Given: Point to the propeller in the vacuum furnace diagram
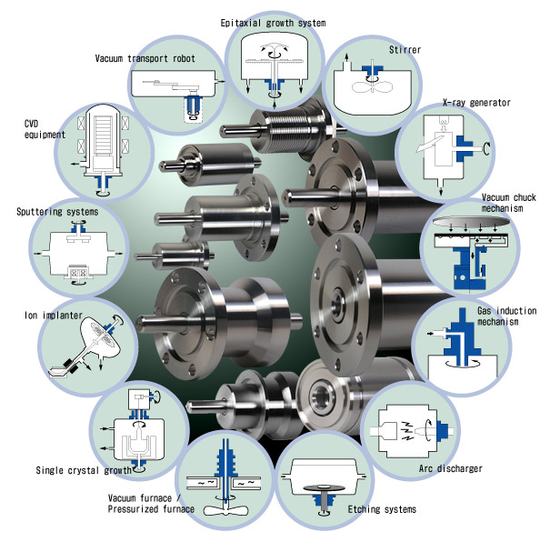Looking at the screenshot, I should [224, 510].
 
